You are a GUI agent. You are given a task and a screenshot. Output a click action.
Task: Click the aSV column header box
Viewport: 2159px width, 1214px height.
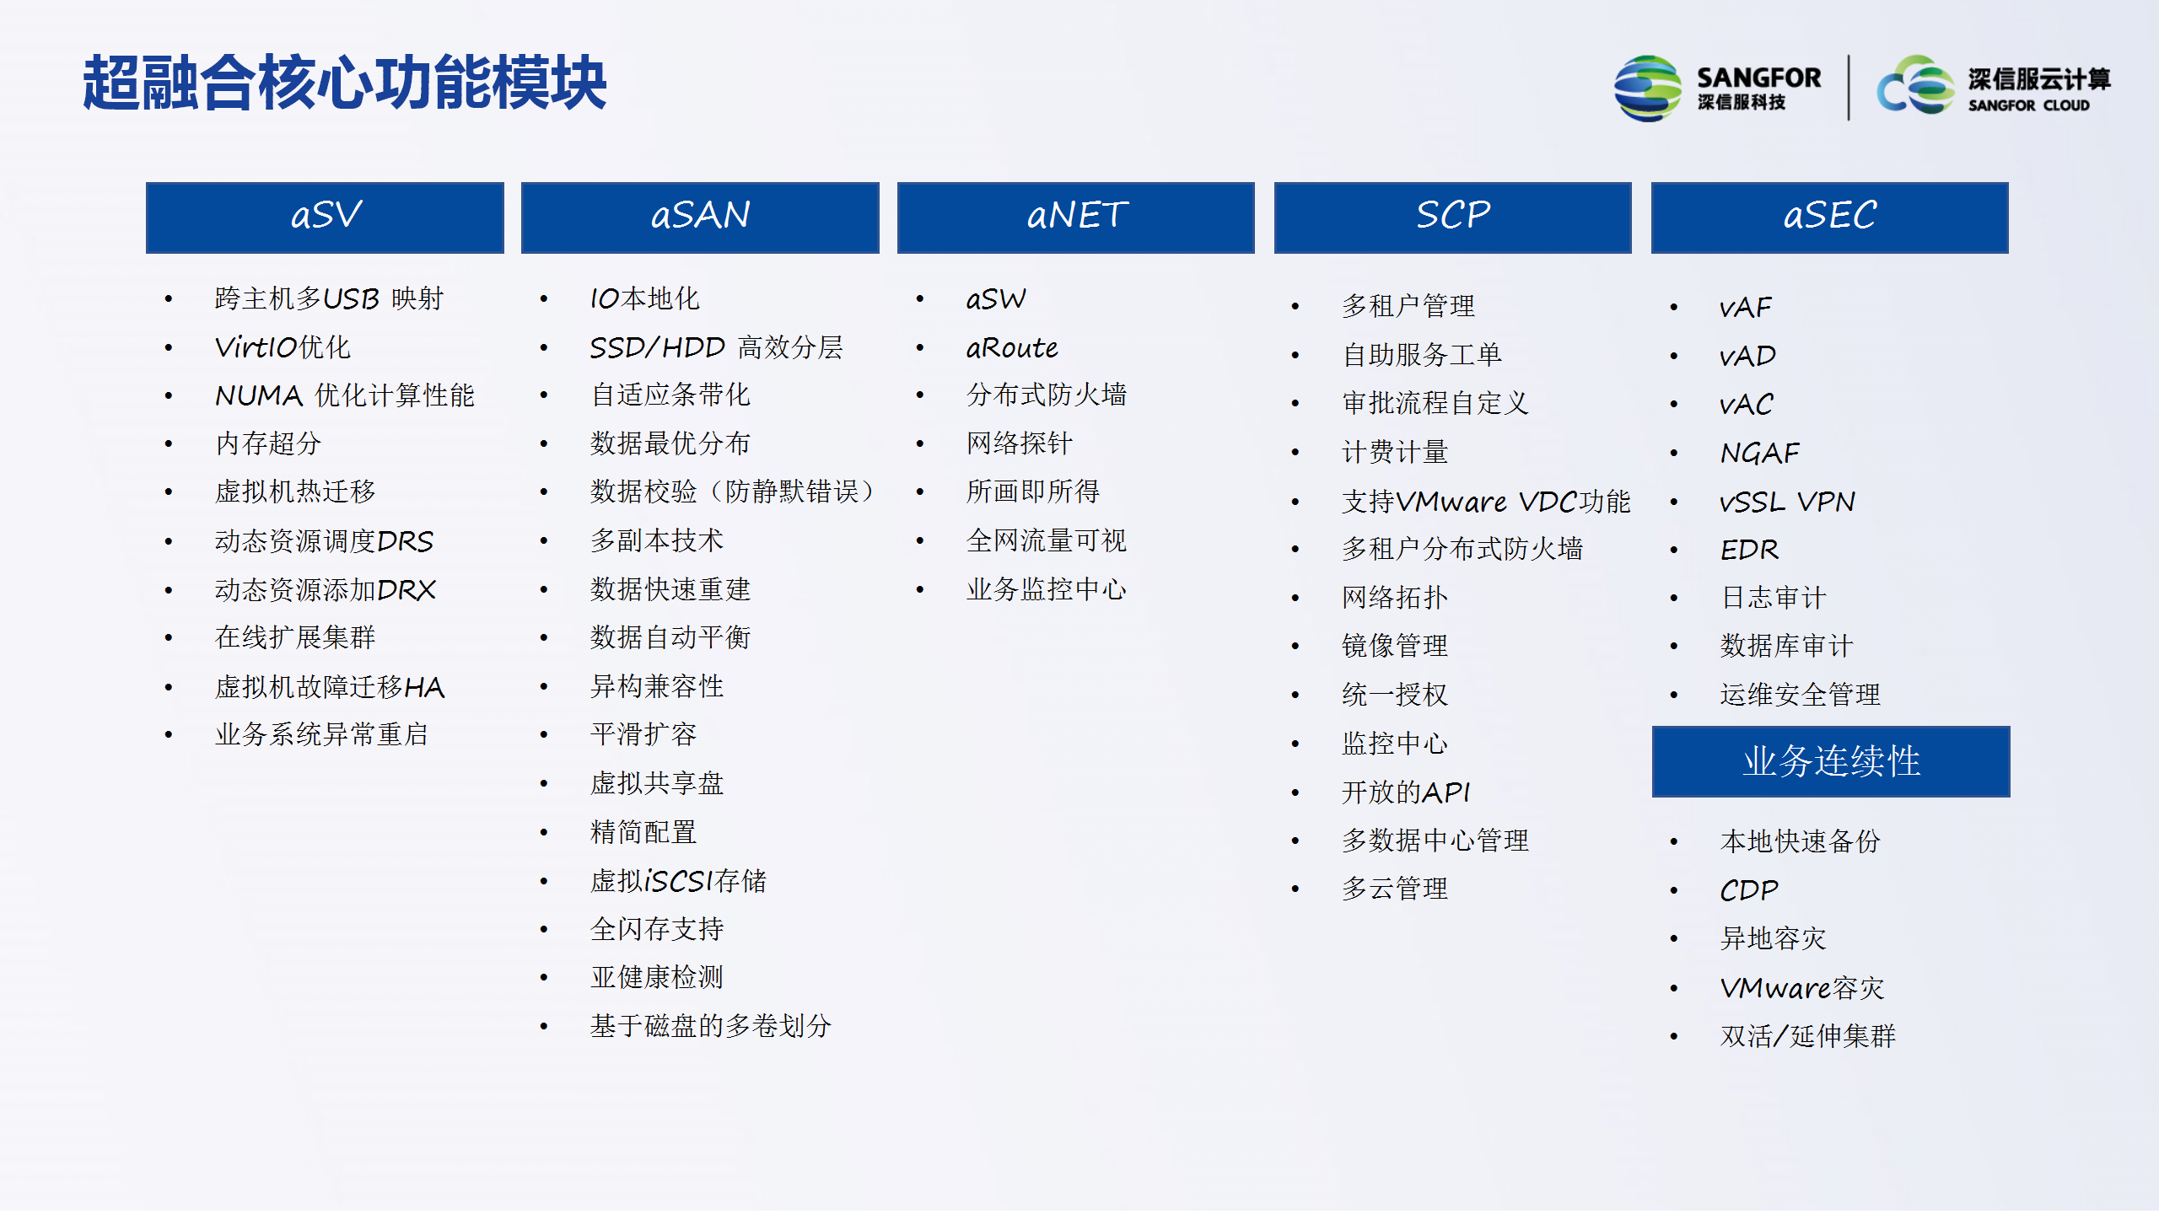[x=325, y=218]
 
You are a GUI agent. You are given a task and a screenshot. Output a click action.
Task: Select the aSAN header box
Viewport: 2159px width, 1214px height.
[x=700, y=218]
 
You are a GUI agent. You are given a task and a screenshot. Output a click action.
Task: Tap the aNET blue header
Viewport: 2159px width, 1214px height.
[x=1076, y=218]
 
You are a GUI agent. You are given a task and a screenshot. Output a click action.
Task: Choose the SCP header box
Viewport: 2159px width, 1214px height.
[x=1452, y=218]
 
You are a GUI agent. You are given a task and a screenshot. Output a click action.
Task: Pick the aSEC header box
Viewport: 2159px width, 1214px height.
[x=1829, y=218]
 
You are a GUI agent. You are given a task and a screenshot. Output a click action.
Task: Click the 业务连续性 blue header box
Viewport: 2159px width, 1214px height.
[x=1831, y=761]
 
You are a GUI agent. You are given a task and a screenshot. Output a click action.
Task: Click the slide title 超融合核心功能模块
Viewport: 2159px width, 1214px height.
[x=344, y=83]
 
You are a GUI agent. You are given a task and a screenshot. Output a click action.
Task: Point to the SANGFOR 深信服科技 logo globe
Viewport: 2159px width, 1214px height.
[x=1647, y=88]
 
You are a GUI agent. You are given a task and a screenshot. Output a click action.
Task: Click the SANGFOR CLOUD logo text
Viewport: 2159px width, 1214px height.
[x=2028, y=105]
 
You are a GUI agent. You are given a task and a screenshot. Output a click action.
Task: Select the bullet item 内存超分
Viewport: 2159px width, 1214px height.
[x=268, y=443]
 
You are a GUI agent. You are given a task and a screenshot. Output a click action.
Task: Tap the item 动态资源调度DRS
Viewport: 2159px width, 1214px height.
[x=325, y=541]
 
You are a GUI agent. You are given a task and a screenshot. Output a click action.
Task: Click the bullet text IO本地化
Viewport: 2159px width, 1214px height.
[x=644, y=298]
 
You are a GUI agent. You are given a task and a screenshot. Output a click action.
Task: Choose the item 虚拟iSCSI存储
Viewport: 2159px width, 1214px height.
[x=678, y=881]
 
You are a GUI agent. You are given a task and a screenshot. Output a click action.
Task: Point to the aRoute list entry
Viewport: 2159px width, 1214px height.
[x=1012, y=347]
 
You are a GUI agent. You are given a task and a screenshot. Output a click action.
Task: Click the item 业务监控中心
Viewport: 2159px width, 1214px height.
[x=1047, y=589]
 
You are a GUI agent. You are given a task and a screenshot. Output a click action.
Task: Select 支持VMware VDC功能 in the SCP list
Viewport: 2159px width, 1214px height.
[x=1486, y=502]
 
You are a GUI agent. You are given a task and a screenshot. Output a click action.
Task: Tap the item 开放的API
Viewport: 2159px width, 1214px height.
[x=1406, y=792]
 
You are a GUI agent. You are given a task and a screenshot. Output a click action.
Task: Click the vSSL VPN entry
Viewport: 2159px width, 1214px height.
[x=1787, y=502]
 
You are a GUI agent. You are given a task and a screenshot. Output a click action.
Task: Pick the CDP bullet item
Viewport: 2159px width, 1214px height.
[x=1749, y=890]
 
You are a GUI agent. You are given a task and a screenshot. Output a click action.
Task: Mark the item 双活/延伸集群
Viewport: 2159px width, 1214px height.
[x=1807, y=1036]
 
